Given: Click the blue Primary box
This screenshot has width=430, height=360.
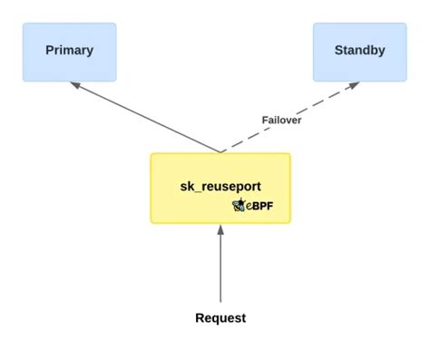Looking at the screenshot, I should [69, 51].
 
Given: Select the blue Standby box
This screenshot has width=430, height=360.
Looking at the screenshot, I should [359, 51].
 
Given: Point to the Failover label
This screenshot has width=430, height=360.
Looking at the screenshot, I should [282, 120].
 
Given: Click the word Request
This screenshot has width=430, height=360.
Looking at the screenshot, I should [220, 318].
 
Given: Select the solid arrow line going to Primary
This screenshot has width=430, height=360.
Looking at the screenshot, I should [145, 117].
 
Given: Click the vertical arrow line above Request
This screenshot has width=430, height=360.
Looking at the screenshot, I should [220, 268].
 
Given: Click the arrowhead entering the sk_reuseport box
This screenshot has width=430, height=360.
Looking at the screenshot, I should [220, 229].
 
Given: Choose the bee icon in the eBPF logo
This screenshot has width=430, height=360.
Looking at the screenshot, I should [239, 206].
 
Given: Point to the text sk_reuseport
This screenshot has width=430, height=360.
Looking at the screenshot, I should [220, 186].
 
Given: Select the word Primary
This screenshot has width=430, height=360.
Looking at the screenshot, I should [69, 51].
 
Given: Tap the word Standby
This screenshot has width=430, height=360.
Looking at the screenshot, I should [359, 51].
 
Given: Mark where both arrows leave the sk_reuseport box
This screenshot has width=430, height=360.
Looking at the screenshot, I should [220, 151].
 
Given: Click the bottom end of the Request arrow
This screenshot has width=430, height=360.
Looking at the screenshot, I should [220, 301].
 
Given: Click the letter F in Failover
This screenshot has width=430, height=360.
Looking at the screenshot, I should [265, 120].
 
